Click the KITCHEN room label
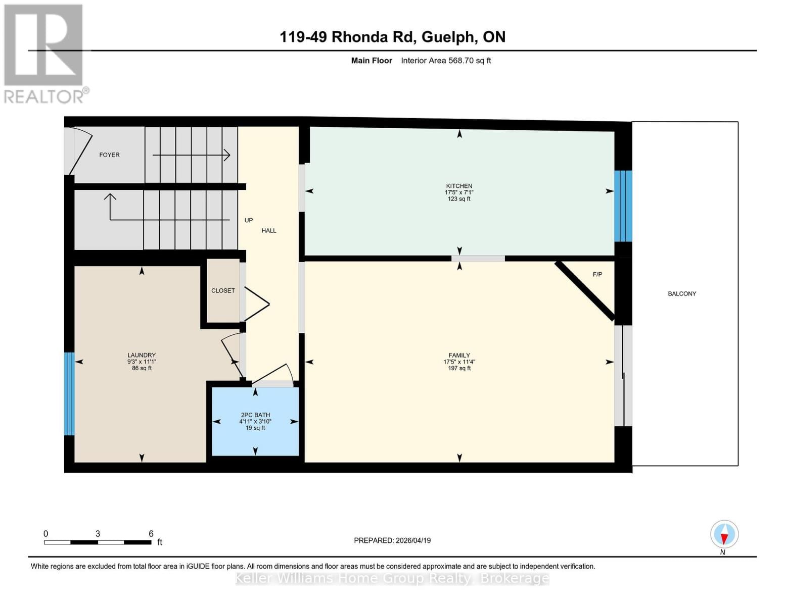tap(459, 186)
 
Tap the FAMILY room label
tap(459, 355)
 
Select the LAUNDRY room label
tap(142, 355)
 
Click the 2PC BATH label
tap(255, 415)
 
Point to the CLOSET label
tap(223, 290)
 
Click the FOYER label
tap(109, 155)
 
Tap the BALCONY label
tap(682, 293)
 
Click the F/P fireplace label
tap(597, 274)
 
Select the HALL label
tap(269, 230)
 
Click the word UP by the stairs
tap(249, 220)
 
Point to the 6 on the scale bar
tap(151, 533)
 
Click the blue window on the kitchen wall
tap(623, 206)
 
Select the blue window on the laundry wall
tap(69, 393)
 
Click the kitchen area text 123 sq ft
tap(459, 199)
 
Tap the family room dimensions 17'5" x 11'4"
tap(459, 362)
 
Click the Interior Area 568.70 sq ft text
tap(446, 61)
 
